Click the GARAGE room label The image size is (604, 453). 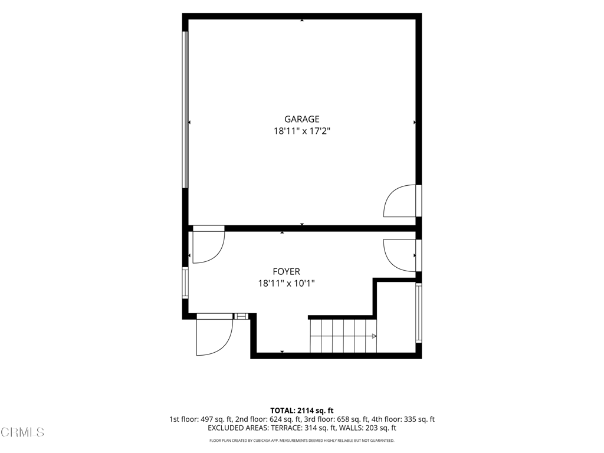(302, 119)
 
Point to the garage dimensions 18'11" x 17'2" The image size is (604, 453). (302, 132)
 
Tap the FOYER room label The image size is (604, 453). (286, 272)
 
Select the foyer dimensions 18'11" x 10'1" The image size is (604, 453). (286, 284)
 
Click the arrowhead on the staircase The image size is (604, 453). (373, 336)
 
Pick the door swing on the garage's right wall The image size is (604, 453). (399, 201)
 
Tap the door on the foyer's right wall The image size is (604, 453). (399, 255)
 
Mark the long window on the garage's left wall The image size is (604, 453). (185, 110)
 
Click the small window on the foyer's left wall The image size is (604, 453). (185, 283)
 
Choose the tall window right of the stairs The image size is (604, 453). (419, 313)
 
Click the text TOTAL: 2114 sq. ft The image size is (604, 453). (302, 411)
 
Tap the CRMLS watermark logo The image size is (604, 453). (23, 432)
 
